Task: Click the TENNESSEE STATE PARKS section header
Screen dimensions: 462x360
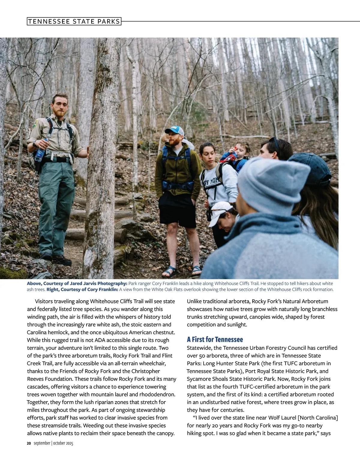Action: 74,21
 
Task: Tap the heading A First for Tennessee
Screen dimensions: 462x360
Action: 215,339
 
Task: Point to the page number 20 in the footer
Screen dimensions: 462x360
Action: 29,443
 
